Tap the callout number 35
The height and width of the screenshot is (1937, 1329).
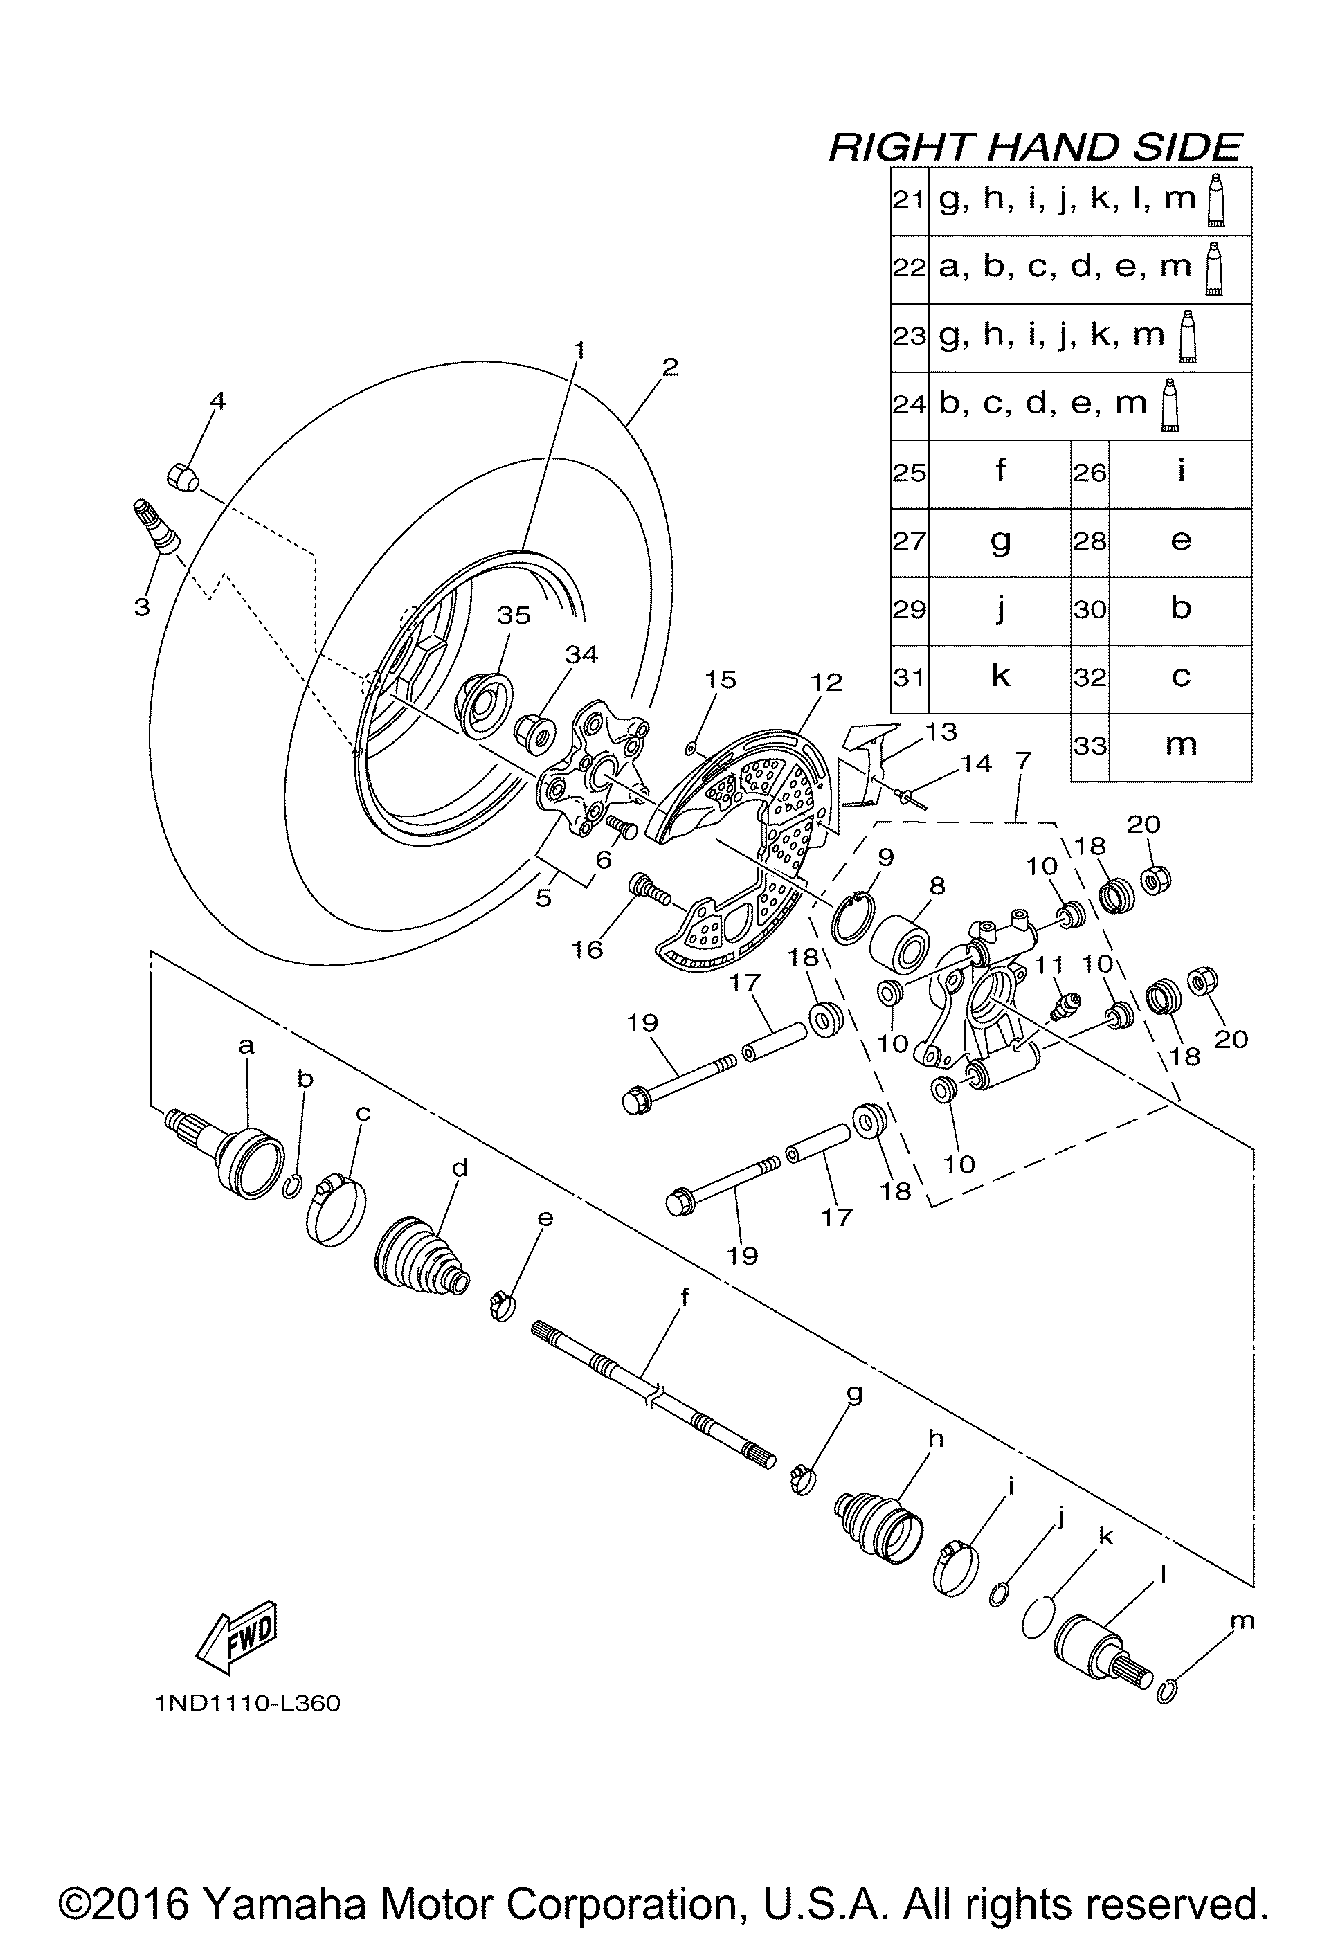click(x=514, y=615)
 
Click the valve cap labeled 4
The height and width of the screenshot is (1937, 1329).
click(x=183, y=478)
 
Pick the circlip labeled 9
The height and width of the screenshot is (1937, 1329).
click(x=852, y=919)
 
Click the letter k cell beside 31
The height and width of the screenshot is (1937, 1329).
click(x=1000, y=677)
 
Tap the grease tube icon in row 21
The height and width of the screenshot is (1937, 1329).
click(x=1216, y=200)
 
